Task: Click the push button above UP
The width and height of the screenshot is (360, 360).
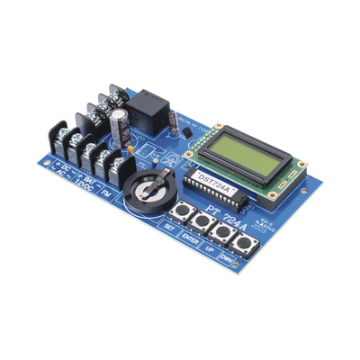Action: click(x=213, y=232)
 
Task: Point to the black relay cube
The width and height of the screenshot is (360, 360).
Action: click(x=144, y=113)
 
